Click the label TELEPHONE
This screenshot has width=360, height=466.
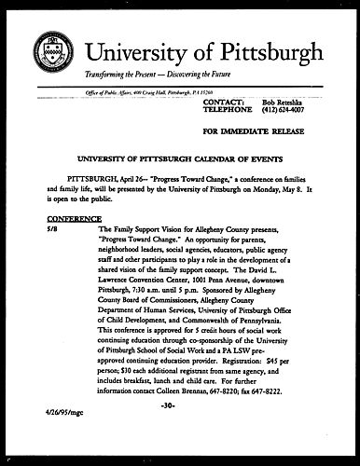(228, 109)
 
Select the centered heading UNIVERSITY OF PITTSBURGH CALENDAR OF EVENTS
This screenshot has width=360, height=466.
(180, 160)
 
